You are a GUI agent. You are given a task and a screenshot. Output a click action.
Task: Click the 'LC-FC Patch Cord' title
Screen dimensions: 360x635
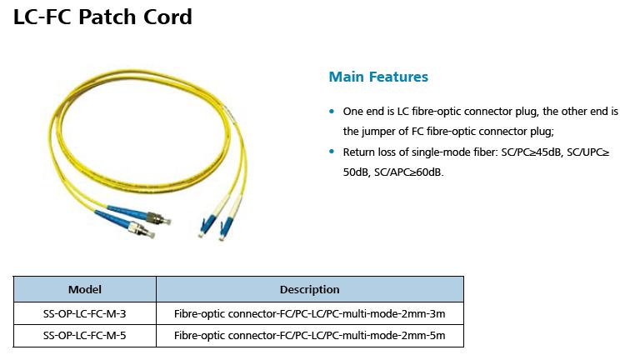[x=102, y=17]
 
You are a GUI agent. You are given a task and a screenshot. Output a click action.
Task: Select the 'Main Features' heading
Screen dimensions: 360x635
[x=378, y=77]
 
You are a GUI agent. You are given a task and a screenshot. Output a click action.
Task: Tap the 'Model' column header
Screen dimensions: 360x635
[x=85, y=289]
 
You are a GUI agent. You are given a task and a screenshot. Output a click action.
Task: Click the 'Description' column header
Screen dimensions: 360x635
[x=309, y=289]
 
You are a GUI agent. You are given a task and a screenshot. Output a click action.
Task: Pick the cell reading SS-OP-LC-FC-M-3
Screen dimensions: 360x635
[x=85, y=313]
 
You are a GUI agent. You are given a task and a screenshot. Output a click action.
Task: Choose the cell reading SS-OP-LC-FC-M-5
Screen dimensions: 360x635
[x=85, y=336]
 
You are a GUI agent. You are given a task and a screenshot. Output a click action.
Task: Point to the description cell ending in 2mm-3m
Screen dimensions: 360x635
[x=309, y=313]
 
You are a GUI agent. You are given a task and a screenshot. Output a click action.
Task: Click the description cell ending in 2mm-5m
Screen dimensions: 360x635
[x=309, y=336]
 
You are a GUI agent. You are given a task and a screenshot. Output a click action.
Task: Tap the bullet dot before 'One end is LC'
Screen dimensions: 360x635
[x=332, y=112]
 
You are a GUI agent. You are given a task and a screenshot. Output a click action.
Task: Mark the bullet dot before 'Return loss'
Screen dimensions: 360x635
[x=332, y=152]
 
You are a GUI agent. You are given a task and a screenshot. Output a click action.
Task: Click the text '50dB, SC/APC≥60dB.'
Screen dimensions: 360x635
[x=392, y=172]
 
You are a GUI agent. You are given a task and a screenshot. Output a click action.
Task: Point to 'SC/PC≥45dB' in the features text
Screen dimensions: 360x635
[x=527, y=152]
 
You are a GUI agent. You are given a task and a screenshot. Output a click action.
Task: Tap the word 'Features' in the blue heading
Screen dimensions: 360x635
[x=399, y=77]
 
